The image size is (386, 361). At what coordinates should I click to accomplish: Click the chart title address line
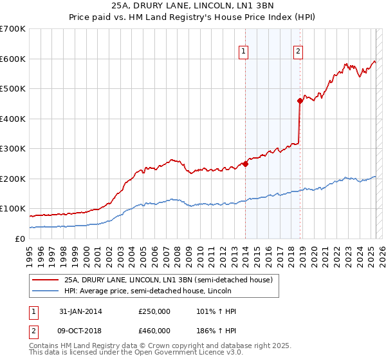[192, 6]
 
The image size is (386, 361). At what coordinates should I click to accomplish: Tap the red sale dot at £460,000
[300, 101]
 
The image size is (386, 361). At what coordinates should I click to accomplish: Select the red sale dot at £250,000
[245, 164]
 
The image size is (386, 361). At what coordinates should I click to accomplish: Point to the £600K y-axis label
[13, 59]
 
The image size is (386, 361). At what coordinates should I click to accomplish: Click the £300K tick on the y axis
[13, 149]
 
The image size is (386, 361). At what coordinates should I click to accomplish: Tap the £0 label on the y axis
[20, 239]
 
